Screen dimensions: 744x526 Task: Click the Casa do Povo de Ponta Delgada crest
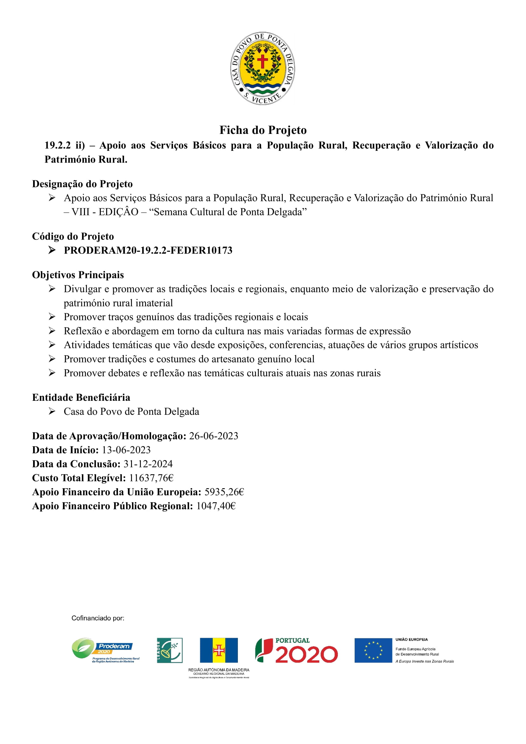(x=262, y=68)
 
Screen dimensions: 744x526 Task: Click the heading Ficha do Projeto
(x=263, y=130)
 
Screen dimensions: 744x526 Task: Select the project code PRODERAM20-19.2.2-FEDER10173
(x=148, y=250)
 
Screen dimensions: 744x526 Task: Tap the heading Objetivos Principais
(x=78, y=275)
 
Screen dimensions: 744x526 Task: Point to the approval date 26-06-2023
(x=213, y=436)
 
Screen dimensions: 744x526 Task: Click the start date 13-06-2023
(x=126, y=450)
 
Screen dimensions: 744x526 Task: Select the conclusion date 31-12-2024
(x=148, y=464)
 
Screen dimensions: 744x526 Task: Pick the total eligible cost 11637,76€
(x=151, y=478)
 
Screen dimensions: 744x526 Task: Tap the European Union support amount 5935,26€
(x=224, y=492)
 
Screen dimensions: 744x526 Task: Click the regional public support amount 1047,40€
(x=216, y=506)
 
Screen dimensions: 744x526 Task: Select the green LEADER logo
(x=170, y=650)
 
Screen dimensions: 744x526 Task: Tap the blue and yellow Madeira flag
(x=218, y=650)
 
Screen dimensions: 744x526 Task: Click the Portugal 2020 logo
(x=296, y=650)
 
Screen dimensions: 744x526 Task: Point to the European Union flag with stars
(x=373, y=650)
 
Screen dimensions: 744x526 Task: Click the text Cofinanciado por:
(x=98, y=618)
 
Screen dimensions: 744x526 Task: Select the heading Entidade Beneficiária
(x=81, y=398)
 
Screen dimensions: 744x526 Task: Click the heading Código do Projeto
(x=73, y=237)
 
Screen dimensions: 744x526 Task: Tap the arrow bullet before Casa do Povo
(x=52, y=412)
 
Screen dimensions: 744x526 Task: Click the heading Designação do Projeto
(x=82, y=184)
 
